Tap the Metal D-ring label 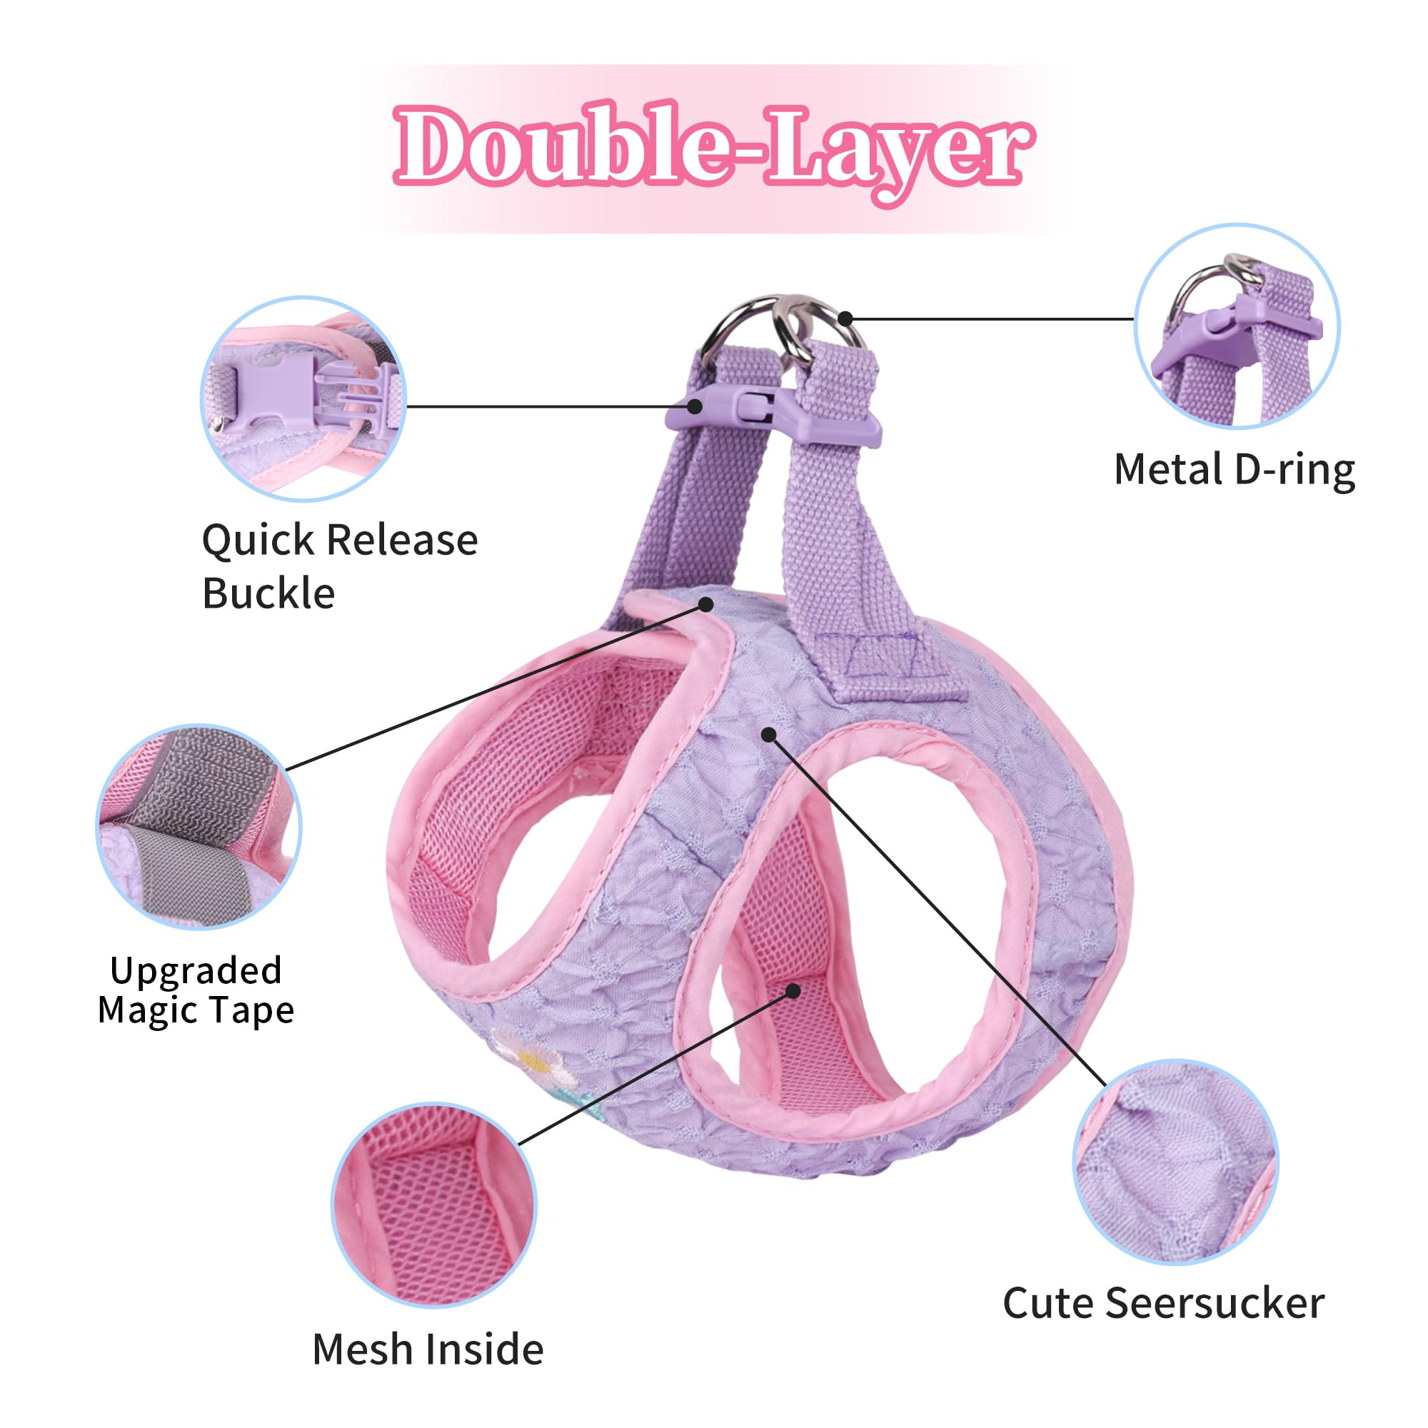(x=1235, y=470)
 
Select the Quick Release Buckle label (x=340, y=565)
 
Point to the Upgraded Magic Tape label (x=196, y=990)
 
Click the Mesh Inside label (x=428, y=1349)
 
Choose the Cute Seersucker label (x=1163, y=1303)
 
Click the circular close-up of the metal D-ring (x=1237, y=326)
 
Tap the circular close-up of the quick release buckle (x=303, y=399)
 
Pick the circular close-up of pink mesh (x=434, y=1205)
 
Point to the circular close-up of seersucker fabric (x=1175, y=1161)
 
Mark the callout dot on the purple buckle (x=695, y=406)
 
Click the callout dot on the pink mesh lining (x=793, y=990)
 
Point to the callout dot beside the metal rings (x=845, y=319)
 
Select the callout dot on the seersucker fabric (x=769, y=735)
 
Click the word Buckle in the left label (x=268, y=593)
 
